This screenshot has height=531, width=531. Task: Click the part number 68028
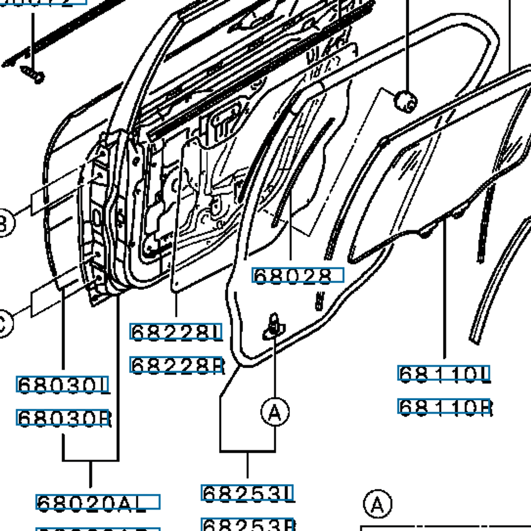coord(297,275)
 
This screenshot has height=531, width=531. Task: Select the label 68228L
coord(176,331)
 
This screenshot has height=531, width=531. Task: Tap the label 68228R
coord(176,365)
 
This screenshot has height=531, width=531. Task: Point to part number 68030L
coord(63,385)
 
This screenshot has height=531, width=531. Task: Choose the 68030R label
coord(63,418)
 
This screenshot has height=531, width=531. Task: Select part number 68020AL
coord(97,502)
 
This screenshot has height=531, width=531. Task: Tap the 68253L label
coord(247,493)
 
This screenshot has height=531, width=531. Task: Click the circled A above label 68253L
coord(275,412)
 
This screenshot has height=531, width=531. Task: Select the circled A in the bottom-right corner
coord(377,504)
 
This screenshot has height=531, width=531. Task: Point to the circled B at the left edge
coord(4,224)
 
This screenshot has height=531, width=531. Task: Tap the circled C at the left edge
coord(4,325)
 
